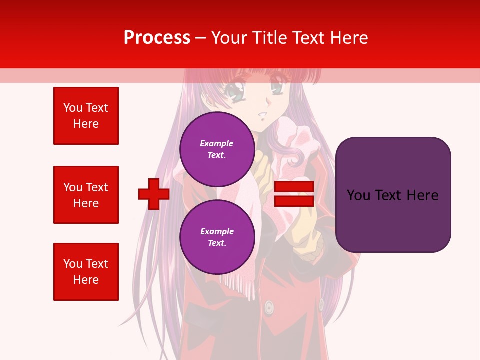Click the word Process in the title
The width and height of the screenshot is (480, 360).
[157, 38]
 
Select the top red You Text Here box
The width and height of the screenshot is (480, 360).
[86, 116]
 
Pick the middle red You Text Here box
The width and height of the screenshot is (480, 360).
[86, 195]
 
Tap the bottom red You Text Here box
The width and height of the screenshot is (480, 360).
[86, 272]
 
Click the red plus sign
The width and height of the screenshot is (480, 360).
[154, 194]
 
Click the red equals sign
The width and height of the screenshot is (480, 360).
[294, 194]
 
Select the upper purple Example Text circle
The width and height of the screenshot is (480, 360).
[217, 149]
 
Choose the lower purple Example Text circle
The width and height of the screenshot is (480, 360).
[217, 237]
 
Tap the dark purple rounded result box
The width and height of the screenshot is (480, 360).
[393, 195]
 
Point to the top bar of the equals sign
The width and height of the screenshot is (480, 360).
[294, 187]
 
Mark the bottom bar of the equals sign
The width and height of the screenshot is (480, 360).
[294, 201]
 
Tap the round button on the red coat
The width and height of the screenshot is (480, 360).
[269, 307]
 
